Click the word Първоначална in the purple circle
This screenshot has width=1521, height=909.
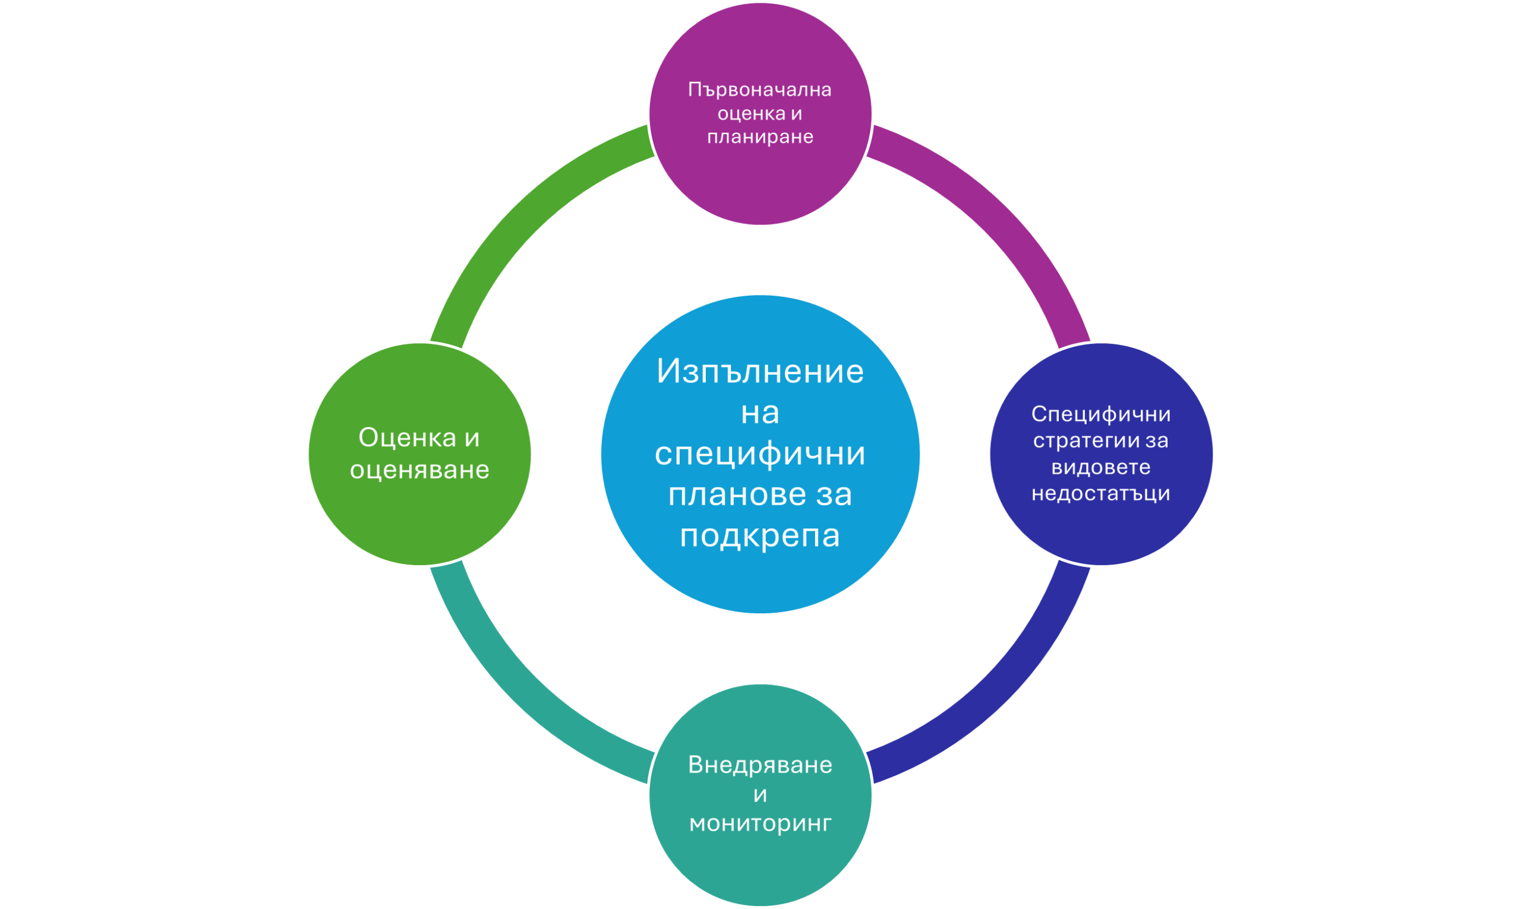759,90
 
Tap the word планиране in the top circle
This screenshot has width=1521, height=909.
760,137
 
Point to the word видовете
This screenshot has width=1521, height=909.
1100,467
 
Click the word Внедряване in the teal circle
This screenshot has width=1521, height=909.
760,765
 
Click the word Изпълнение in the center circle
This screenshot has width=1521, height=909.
760,371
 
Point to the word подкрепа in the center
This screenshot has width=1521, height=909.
760,536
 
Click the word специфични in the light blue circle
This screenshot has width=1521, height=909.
760,453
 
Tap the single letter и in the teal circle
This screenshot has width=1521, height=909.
760,795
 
